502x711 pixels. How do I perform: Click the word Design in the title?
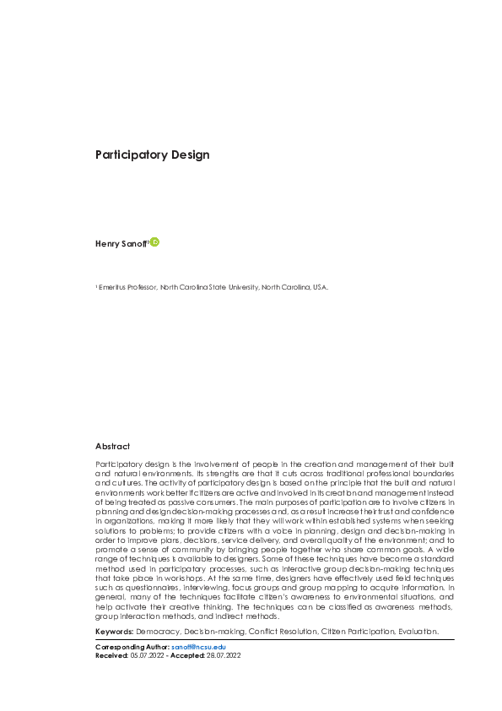(190, 155)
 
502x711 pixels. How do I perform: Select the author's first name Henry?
(108, 243)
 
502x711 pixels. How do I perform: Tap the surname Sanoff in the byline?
(135, 243)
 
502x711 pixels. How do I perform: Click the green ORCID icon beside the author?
(155, 242)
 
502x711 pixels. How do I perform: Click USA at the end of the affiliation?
(320, 287)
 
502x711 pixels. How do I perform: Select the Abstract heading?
(113, 446)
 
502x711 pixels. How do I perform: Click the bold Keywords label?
(114, 631)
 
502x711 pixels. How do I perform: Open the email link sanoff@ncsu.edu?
(198, 646)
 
